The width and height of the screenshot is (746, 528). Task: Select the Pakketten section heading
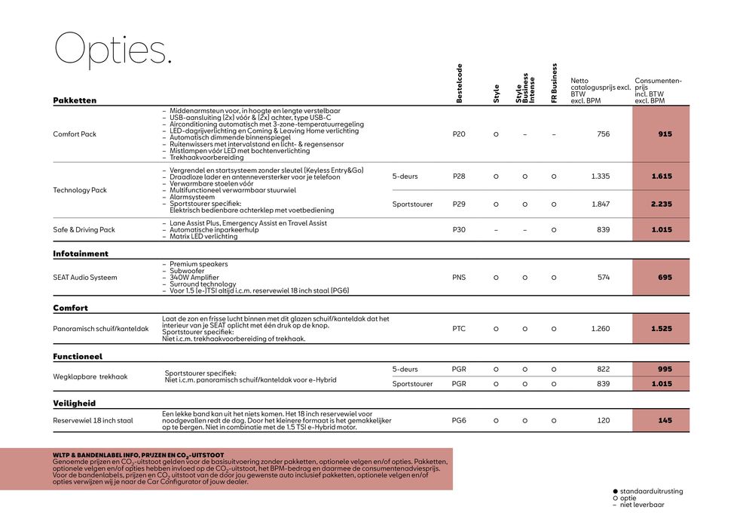[x=75, y=100]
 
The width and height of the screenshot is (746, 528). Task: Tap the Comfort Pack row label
[x=75, y=134]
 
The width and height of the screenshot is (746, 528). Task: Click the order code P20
[x=459, y=134]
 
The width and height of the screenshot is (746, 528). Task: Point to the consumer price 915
[x=664, y=134]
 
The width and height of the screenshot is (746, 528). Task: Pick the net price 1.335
[x=601, y=177]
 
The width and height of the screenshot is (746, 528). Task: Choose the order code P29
[x=459, y=204]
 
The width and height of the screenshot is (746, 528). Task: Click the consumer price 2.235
[x=662, y=204]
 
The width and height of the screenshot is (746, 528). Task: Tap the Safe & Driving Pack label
[x=84, y=230]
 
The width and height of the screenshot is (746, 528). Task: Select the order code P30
[x=459, y=230]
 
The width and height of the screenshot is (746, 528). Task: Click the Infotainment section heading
[x=81, y=254]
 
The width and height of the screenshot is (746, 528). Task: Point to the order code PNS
[x=459, y=278]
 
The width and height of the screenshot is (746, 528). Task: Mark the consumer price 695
[x=664, y=278]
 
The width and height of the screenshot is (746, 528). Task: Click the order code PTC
[x=459, y=329]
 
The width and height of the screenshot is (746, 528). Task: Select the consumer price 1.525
[x=662, y=329]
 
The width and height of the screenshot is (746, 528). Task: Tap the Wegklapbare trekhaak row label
[x=90, y=376]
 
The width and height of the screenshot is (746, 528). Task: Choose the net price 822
[x=603, y=370]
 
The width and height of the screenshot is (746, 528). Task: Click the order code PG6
[x=459, y=420]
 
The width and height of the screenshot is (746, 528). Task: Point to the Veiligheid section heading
[x=75, y=404]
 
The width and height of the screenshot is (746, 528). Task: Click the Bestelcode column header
[x=459, y=83]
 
